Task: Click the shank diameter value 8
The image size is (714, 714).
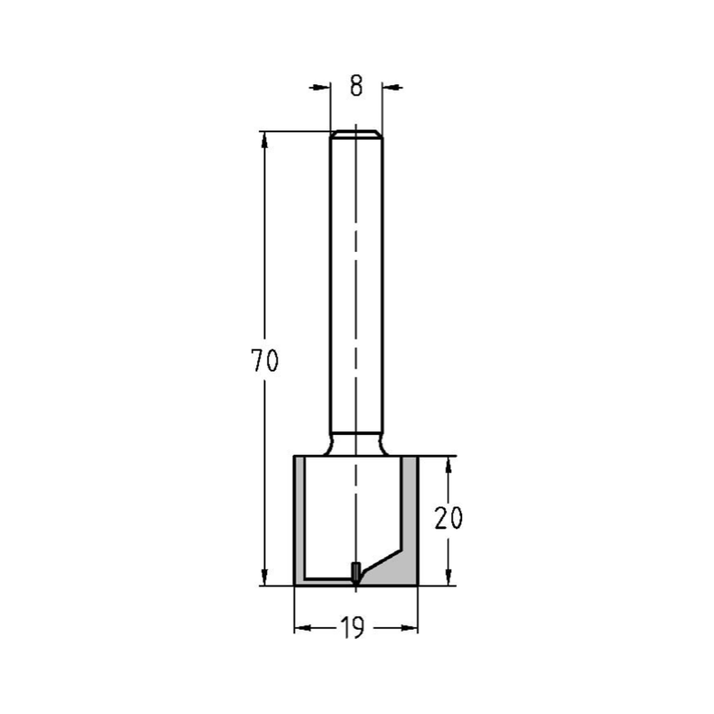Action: [x=356, y=86]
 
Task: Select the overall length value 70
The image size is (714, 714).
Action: [x=264, y=362]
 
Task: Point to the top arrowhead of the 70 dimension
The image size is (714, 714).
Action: [x=265, y=140]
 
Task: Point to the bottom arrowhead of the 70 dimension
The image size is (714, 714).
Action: [x=265, y=578]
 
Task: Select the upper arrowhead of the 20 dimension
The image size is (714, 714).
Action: [x=448, y=465]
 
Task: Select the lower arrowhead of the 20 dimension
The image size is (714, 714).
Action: [x=448, y=578]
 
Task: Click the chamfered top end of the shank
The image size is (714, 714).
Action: [x=356, y=134]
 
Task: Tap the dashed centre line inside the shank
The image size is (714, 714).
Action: [x=356, y=286]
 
